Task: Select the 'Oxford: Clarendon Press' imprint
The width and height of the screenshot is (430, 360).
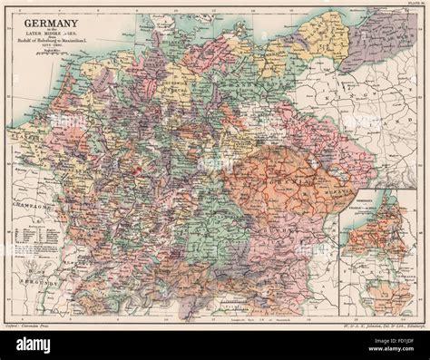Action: [x=37, y=322]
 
